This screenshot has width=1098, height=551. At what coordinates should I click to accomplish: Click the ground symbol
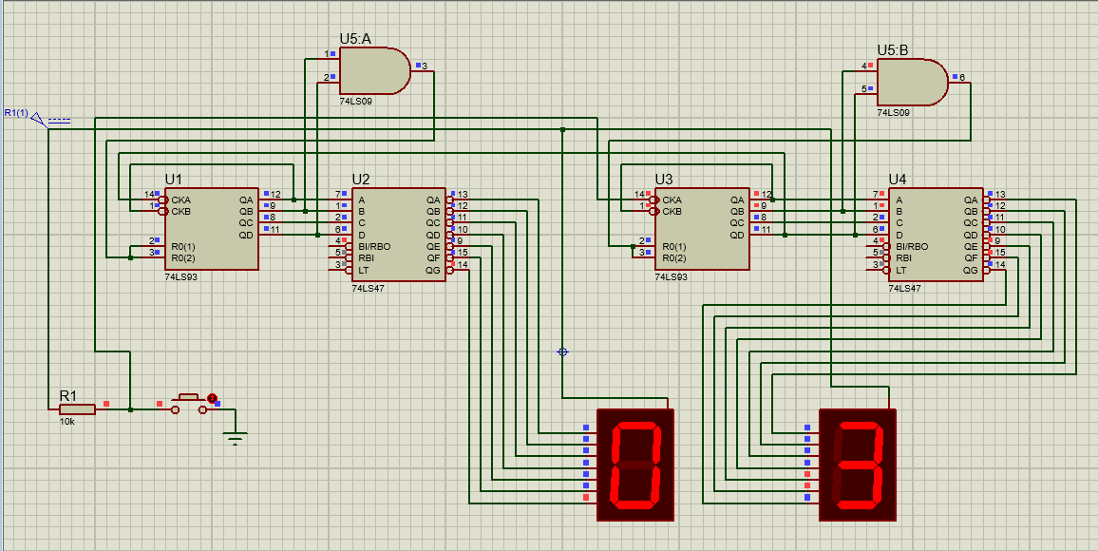(236, 438)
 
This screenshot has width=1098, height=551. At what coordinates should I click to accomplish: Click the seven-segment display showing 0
(634, 465)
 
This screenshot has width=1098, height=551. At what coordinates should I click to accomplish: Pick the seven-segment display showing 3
(857, 465)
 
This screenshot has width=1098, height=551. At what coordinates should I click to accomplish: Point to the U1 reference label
(173, 179)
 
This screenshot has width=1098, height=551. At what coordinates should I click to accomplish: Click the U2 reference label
(361, 179)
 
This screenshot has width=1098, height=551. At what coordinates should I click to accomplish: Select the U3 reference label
(664, 179)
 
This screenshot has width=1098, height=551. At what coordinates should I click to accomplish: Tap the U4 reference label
(898, 179)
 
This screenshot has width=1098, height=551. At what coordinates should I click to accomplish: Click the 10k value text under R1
(67, 421)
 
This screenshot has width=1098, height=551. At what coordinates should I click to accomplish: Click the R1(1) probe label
(15, 113)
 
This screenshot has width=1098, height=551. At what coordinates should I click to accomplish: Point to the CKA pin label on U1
(180, 199)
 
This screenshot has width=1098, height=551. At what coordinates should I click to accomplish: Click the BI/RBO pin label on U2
(374, 246)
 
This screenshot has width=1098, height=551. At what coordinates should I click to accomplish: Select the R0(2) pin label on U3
(673, 257)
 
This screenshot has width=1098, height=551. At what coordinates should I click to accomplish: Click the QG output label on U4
(971, 270)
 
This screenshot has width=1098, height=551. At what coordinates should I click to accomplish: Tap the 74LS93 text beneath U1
(180, 278)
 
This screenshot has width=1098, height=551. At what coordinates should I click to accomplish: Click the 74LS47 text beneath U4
(905, 287)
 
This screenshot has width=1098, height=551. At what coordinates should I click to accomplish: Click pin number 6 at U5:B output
(962, 78)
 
